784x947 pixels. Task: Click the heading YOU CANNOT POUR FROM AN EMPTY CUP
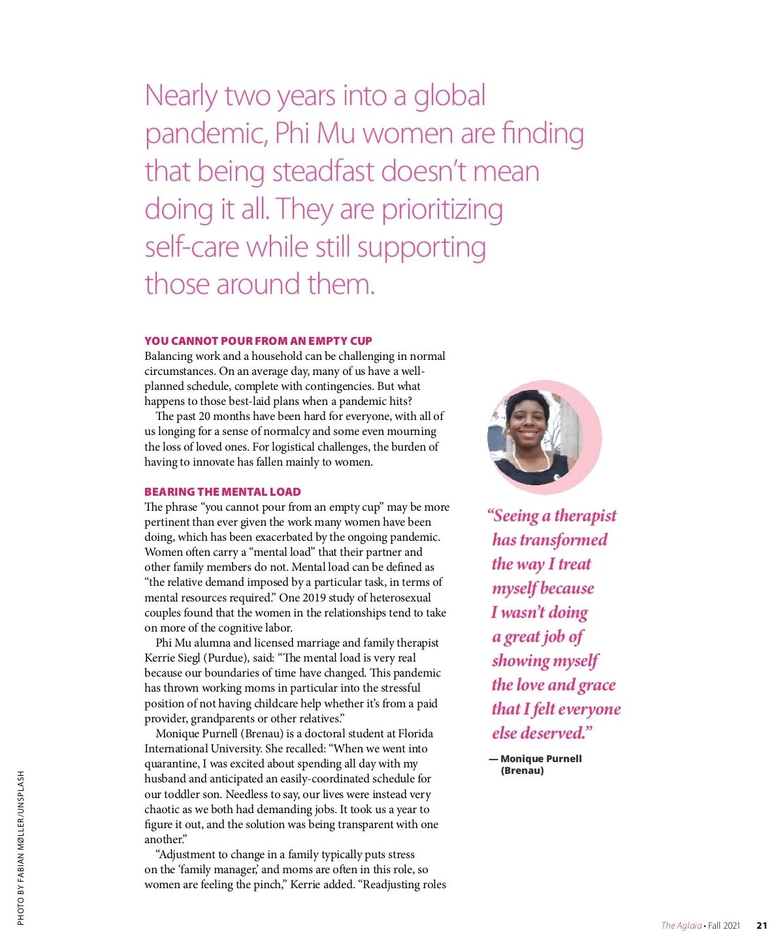[x=258, y=341]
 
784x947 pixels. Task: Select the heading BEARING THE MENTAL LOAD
[x=222, y=492]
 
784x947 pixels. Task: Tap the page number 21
[x=762, y=925]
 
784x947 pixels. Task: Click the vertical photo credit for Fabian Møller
[x=21, y=848]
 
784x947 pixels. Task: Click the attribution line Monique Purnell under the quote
[x=540, y=759]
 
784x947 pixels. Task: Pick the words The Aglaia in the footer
[x=681, y=925]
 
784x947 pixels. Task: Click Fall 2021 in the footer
[x=724, y=925]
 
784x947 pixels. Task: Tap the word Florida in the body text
[x=416, y=734]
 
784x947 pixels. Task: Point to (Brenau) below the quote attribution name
[x=522, y=771]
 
